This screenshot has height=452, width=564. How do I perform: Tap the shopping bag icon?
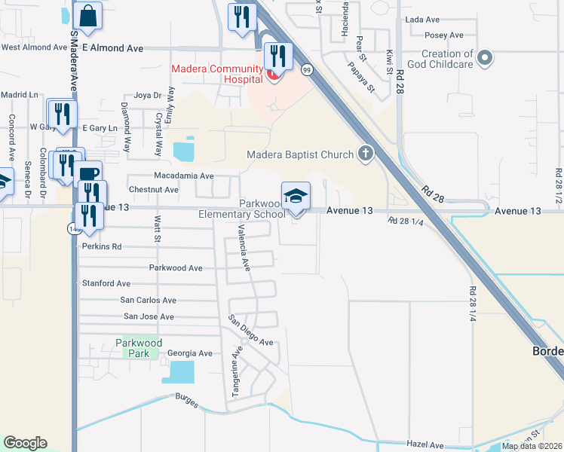click(x=88, y=16)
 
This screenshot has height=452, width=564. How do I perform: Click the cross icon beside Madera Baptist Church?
click(x=365, y=154)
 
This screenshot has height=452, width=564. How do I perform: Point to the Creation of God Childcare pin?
click(x=486, y=57)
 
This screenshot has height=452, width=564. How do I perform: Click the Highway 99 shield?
click(x=306, y=70)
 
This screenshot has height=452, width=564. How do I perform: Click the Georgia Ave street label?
click(x=189, y=353)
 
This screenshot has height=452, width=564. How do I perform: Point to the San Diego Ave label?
click(x=251, y=330)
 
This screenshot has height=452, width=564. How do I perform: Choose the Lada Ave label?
click(x=422, y=19)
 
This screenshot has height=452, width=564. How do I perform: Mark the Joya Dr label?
click(x=147, y=96)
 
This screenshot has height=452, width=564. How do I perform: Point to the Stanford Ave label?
click(x=106, y=283)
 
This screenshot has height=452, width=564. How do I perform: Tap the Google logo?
click(x=25, y=442)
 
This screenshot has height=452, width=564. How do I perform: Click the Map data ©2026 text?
click(x=532, y=446)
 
